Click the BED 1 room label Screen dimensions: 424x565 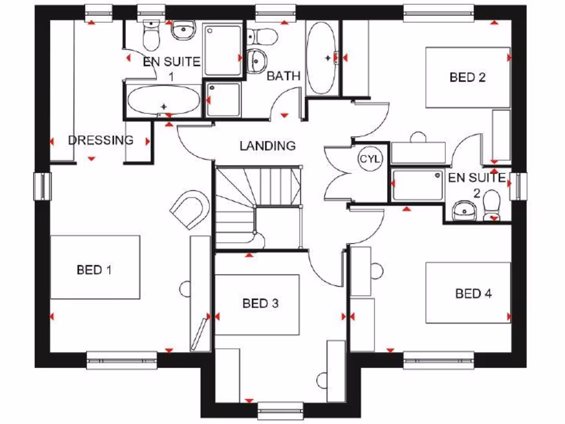tap(94, 270)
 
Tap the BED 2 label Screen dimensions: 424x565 tap(467, 77)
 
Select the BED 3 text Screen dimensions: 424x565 tap(260, 303)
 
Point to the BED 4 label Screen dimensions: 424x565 tap(473, 294)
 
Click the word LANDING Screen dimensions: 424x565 tap(268, 146)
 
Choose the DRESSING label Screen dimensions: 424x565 tap(100, 140)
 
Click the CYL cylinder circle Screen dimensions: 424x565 tap(370, 159)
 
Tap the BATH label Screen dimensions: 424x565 tap(283, 76)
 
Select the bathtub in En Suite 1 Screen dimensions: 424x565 tap(163, 100)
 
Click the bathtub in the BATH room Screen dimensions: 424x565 tap(321, 58)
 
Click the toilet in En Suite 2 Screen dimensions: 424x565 tap(492, 207)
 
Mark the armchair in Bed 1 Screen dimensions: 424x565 tap(190, 209)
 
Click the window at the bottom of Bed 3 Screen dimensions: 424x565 tap(280, 410)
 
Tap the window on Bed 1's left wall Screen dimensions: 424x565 tap(42, 186)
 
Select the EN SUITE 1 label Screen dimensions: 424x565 tap(171, 68)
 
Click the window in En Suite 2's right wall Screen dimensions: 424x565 tap(519, 185)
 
